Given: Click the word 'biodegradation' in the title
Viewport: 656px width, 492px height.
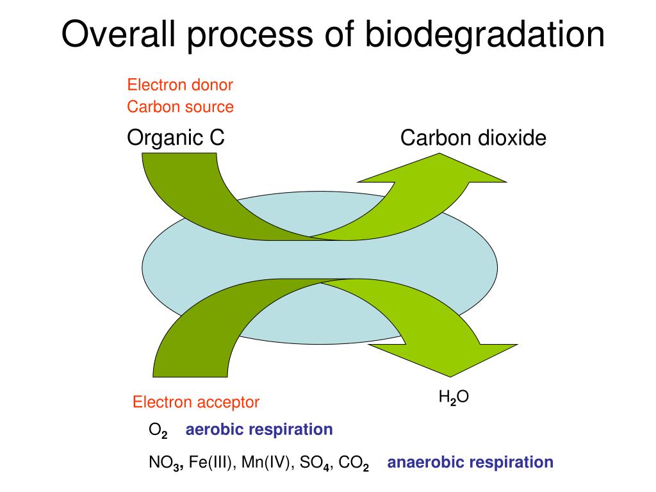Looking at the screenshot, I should coord(486,35).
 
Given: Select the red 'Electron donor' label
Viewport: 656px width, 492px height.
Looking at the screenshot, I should coord(180,85).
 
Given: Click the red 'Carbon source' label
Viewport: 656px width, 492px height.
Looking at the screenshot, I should coord(180,106).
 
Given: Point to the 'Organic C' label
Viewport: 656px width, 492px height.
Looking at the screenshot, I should coord(176,137).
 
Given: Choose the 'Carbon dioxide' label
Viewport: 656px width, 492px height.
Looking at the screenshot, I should coord(473,138).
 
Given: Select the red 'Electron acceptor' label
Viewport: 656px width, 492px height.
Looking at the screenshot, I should coord(196,402).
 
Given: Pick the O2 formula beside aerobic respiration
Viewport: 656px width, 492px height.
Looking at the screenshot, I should coord(158,430).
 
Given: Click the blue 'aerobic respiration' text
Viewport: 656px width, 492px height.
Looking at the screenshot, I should coord(259,429).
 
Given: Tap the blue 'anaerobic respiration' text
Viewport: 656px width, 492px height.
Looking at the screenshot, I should coord(470,462).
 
